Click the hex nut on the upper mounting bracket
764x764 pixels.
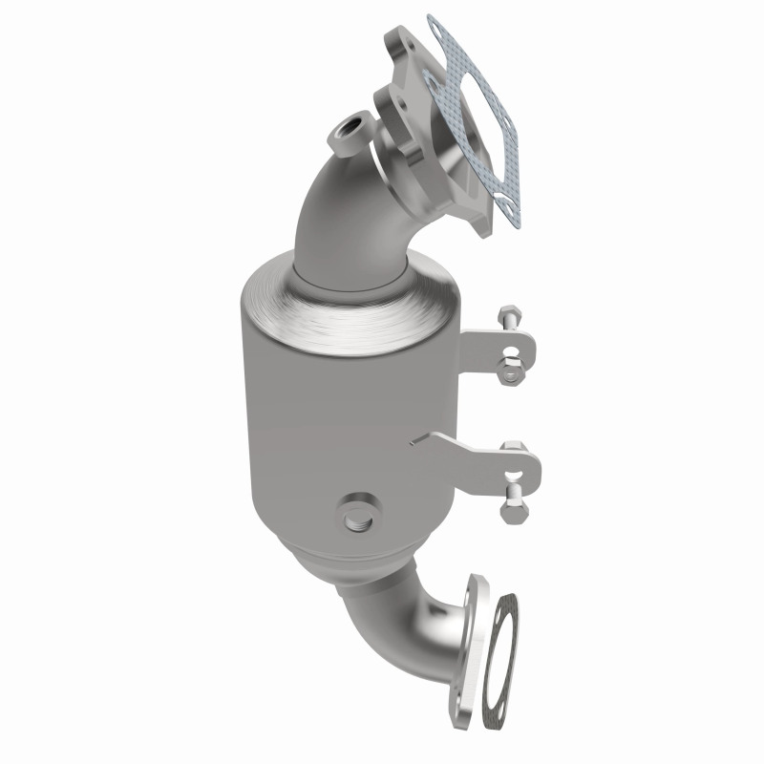[x=508, y=364]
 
